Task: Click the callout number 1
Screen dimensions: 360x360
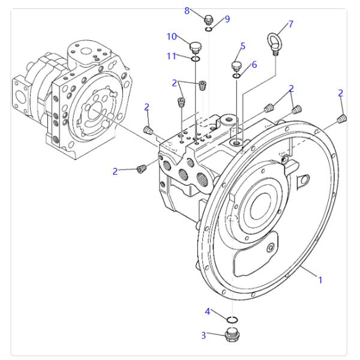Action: tap(320, 280)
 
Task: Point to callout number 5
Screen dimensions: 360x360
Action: tap(243, 46)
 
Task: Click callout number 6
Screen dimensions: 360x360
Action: tap(254, 64)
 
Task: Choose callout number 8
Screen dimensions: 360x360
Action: tap(187, 10)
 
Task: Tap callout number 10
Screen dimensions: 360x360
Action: tap(172, 37)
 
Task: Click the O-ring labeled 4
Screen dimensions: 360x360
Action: tap(232, 319)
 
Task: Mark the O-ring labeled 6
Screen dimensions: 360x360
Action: tap(238, 76)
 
